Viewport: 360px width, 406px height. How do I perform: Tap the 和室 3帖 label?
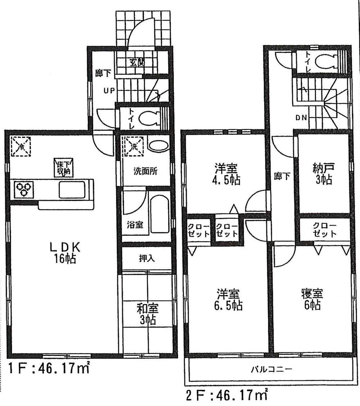point(148,313)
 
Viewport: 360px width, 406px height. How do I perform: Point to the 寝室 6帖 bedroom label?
point(311,299)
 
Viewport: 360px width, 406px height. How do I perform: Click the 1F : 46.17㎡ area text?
point(49,370)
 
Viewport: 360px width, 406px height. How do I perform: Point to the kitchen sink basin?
point(72,190)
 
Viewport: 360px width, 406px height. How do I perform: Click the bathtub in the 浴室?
point(159,214)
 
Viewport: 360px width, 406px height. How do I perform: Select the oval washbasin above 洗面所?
point(158,146)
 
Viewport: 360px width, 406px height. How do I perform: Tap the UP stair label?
point(109,91)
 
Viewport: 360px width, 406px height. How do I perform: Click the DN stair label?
point(301,117)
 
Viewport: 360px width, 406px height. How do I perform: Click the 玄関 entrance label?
point(137,62)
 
